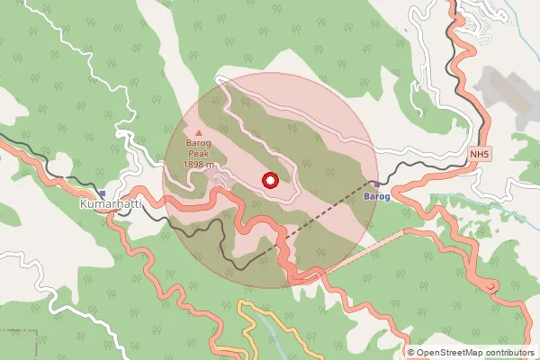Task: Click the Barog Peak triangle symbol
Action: (x=199, y=133)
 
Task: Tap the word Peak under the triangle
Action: (x=198, y=154)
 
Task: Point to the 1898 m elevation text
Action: (x=198, y=165)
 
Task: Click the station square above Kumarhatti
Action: (x=103, y=193)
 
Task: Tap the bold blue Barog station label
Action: (x=376, y=195)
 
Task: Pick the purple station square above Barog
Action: (x=376, y=184)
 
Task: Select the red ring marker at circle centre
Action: (x=268, y=180)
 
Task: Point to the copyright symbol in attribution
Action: (x=410, y=352)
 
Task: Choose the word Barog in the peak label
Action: (x=198, y=144)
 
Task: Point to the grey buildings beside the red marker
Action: (x=221, y=183)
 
